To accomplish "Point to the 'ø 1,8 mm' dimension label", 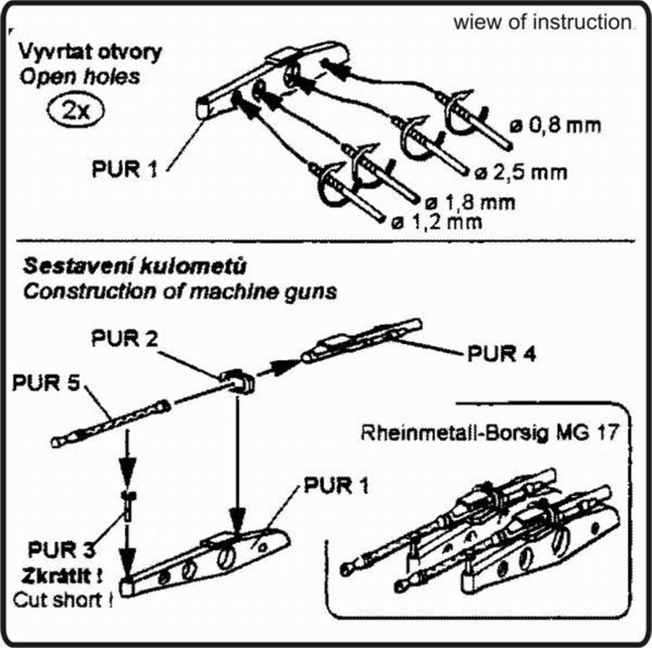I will tap(471, 201).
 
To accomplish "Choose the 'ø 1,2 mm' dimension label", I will tap(436, 222).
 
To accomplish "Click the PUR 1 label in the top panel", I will tap(127, 169).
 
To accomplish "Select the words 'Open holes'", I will tap(81, 76).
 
